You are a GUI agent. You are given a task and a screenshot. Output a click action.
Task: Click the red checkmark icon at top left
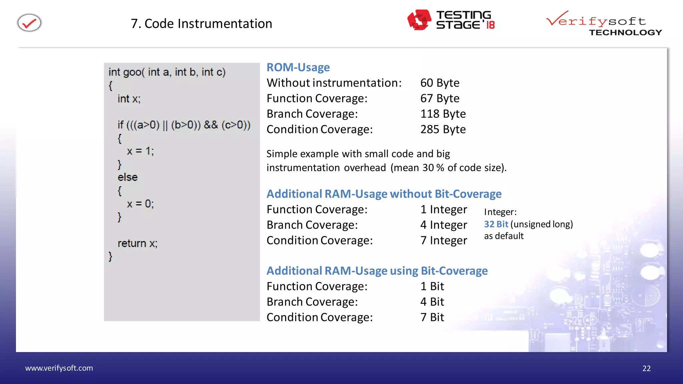click(29, 23)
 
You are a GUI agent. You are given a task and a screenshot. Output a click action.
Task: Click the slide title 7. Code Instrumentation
click(201, 24)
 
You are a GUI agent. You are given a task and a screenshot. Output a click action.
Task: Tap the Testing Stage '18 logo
click(451, 20)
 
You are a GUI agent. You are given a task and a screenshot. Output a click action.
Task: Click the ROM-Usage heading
click(298, 67)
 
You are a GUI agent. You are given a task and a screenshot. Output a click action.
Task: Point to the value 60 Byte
click(440, 83)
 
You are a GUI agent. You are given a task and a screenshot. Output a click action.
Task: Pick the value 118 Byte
click(443, 114)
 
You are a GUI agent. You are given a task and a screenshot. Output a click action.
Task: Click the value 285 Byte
click(443, 129)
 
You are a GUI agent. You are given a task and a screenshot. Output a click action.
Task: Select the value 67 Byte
click(440, 98)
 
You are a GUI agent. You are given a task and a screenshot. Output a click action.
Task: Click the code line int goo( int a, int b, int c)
click(167, 72)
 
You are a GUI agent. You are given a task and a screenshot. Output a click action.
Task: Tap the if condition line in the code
click(184, 125)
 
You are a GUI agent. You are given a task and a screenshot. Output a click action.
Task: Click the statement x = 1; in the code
click(140, 151)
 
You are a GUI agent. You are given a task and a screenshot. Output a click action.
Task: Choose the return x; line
click(137, 243)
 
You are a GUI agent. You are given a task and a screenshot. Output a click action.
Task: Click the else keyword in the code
click(127, 177)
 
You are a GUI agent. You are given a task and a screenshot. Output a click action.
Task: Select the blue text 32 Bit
click(496, 224)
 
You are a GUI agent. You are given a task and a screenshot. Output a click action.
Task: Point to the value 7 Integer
click(444, 240)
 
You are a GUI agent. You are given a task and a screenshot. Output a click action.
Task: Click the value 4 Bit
click(432, 302)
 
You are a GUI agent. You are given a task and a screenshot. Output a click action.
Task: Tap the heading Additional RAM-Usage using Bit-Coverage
click(377, 271)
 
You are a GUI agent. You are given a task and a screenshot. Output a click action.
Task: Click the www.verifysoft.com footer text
click(59, 368)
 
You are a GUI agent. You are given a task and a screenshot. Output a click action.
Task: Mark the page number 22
click(646, 368)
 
